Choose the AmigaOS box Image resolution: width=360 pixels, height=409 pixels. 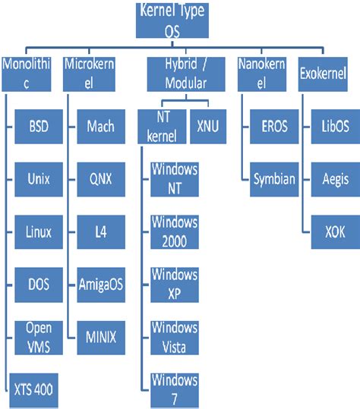102,285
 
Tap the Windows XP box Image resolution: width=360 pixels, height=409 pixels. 174,284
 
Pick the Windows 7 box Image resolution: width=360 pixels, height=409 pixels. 174,389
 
